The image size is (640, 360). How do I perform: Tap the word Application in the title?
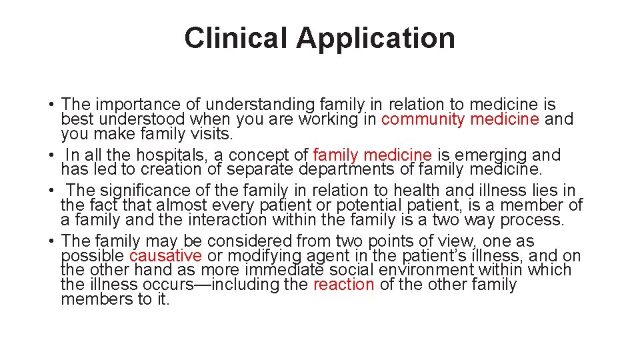pos(376,38)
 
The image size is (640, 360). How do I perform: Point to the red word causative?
pos(165,256)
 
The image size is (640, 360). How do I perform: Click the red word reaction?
pos(343,285)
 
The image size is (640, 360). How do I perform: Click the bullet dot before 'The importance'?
pos(51,105)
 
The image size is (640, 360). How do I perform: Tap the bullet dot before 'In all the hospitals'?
pos(51,156)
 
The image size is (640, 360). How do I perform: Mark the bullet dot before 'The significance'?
pos(51,191)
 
